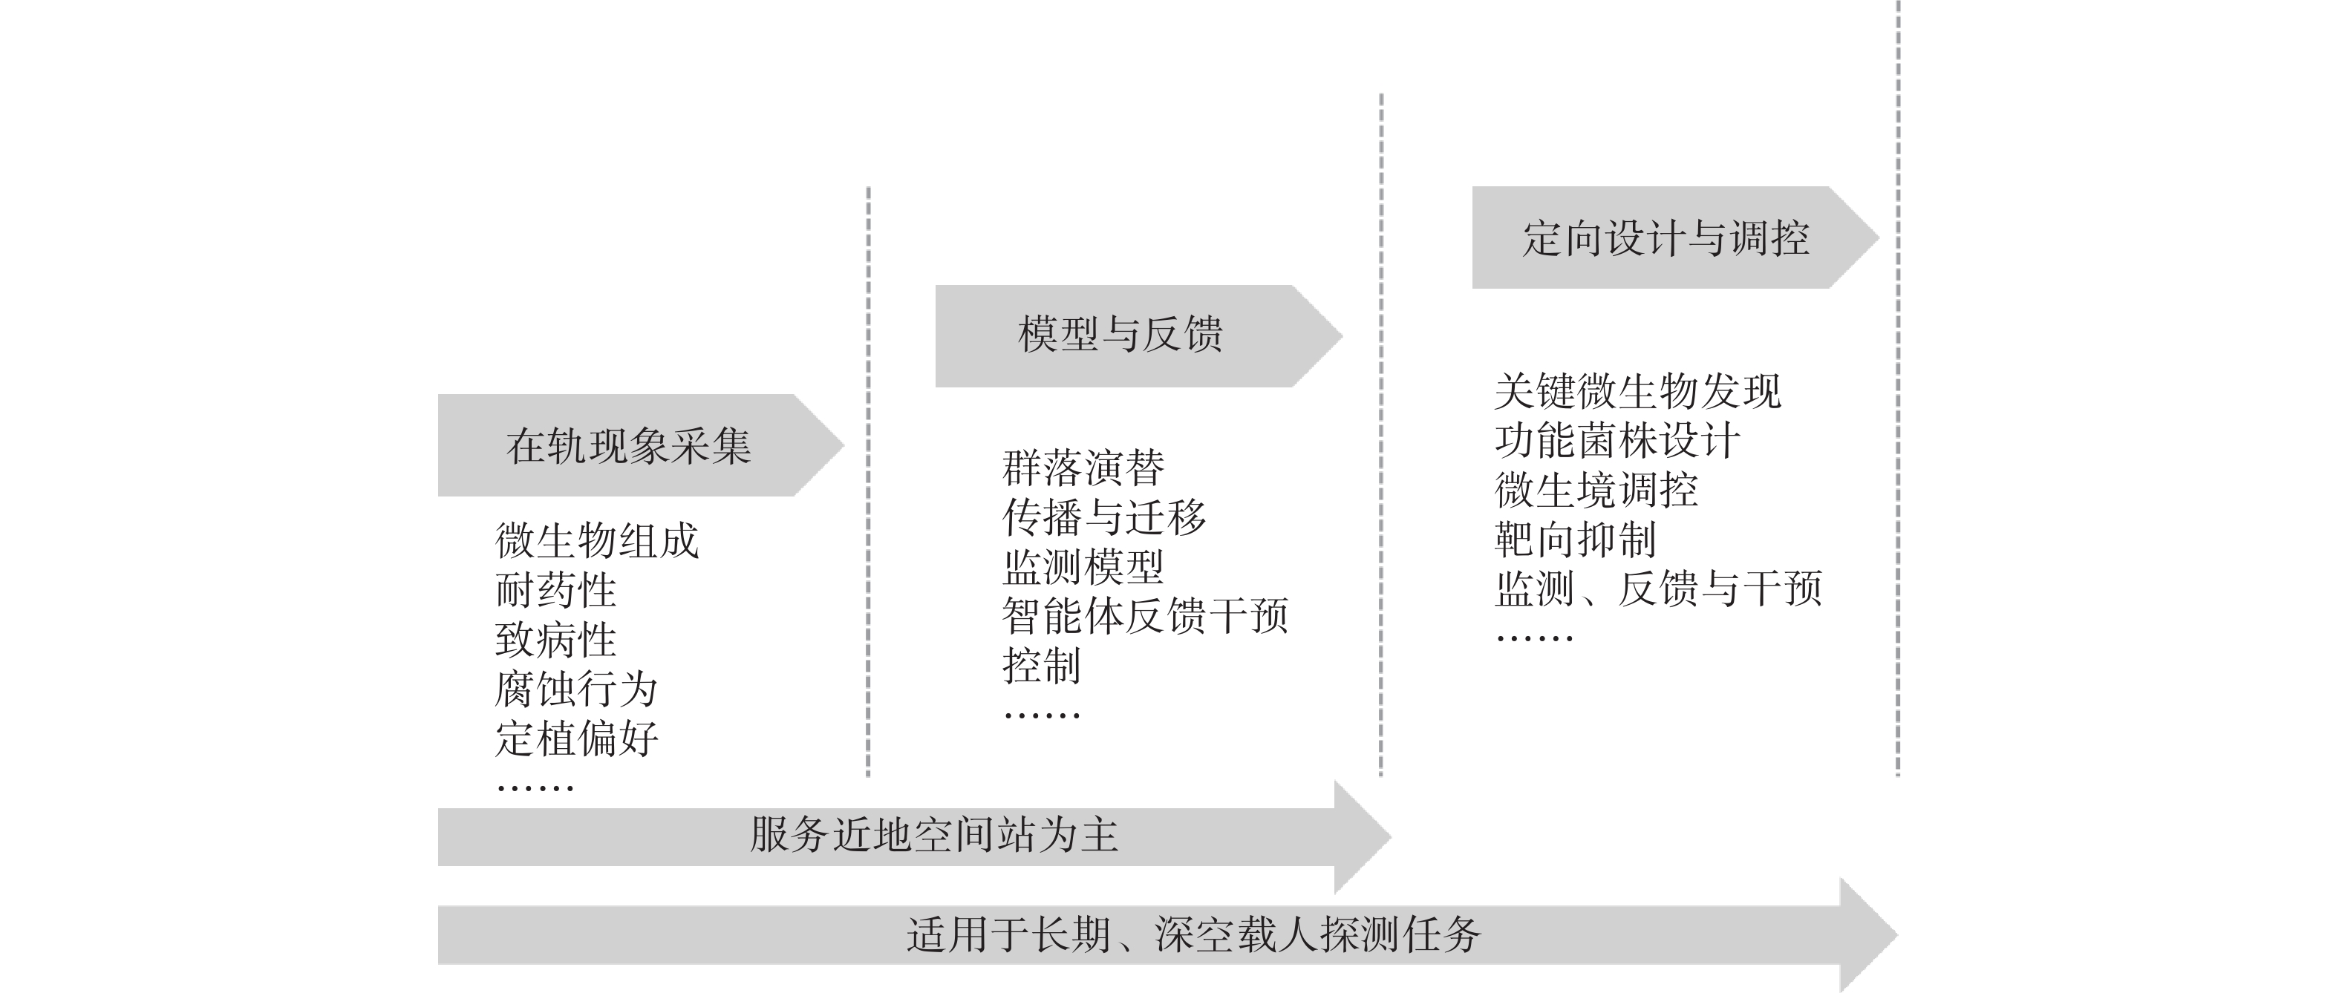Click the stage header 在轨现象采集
click(628, 446)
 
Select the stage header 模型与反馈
click(1120, 334)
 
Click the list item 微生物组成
click(596, 541)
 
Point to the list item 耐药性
click(555, 590)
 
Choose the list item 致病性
click(555, 640)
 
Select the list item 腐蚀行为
click(575, 689)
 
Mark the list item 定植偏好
click(575, 739)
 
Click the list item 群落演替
click(1083, 468)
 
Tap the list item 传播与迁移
click(1104, 517)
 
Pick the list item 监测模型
click(1083, 566)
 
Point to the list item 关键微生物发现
click(1637, 391)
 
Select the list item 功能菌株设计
click(1617, 441)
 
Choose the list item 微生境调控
click(1596, 490)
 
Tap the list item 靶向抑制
click(1576, 540)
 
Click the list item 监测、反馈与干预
click(1658, 589)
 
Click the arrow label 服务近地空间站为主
click(933, 835)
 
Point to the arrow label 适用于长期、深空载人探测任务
click(1193, 935)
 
